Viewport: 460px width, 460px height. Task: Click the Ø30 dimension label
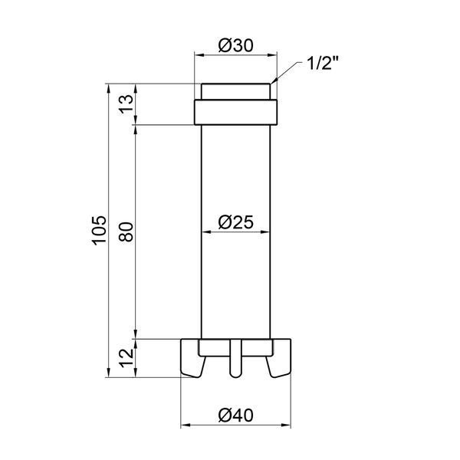tap(235, 46)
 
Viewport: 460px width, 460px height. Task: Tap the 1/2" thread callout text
tap(323, 63)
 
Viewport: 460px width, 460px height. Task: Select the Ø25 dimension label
tap(235, 222)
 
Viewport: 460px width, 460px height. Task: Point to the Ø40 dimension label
tap(235, 415)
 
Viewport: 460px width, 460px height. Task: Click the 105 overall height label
tap(99, 230)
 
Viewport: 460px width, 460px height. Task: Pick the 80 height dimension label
tap(126, 232)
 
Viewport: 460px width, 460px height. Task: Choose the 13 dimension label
tap(126, 104)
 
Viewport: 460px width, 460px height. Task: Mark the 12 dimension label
tap(126, 358)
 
